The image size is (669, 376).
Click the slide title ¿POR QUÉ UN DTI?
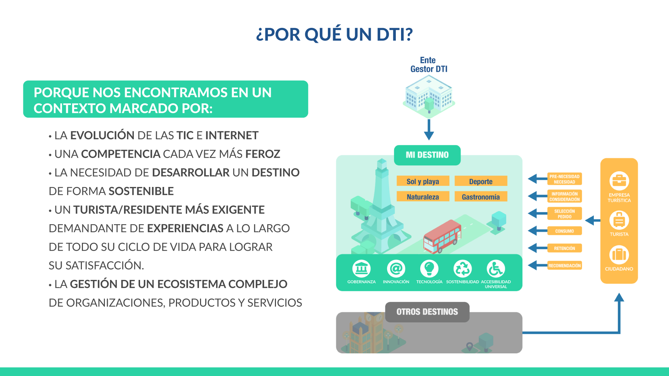pyautogui.click(x=334, y=34)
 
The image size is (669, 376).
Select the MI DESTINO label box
pyautogui.click(x=427, y=155)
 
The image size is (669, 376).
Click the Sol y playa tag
pyautogui.click(x=423, y=181)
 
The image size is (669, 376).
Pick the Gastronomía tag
pyautogui.click(x=481, y=197)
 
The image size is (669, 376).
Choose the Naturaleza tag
pyautogui.click(x=423, y=197)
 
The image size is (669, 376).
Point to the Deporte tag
pyautogui.click(x=481, y=181)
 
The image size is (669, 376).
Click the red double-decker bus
pyautogui.click(x=442, y=236)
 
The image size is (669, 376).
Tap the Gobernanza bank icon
pyautogui.click(x=361, y=269)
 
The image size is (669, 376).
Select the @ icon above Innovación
pyautogui.click(x=396, y=269)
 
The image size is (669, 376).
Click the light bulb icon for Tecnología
pyautogui.click(x=429, y=269)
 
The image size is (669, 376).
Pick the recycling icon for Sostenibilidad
pyautogui.click(x=462, y=269)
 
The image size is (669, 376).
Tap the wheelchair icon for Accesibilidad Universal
pyautogui.click(x=496, y=269)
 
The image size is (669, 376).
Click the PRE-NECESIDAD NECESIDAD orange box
pyautogui.click(x=564, y=179)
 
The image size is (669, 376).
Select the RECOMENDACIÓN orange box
pyautogui.click(x=564, y=266)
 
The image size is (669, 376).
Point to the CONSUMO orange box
pyautogui.click(x=564, y=231)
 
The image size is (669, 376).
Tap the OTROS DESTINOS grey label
pyautogui.click(x=427, y=312)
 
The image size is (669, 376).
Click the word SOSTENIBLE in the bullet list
pyautogui.click(x=141, y=191)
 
